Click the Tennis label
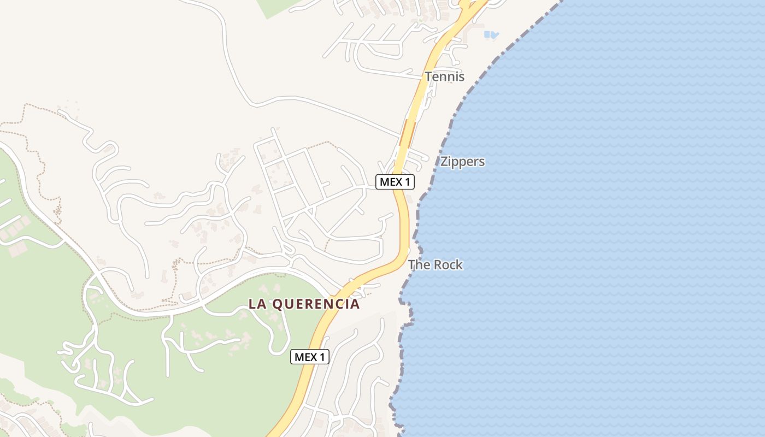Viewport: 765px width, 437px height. [445, 76]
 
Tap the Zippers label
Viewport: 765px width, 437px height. [462, 162]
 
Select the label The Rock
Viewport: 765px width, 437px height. [436, 265]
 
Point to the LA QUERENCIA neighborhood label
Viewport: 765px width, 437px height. [304, 304]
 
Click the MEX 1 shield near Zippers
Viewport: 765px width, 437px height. [395, 182]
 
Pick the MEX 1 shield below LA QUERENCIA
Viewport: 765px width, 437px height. [310, 357]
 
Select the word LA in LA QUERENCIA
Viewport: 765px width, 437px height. [258, 304]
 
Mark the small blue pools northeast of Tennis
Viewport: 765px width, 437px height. [491, 35]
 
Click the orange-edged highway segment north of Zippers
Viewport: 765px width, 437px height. [407, 133]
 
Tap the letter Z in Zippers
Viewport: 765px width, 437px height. [444, 162]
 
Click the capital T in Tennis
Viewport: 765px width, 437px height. [429, 76]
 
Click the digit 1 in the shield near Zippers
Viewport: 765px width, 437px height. [407, 182]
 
